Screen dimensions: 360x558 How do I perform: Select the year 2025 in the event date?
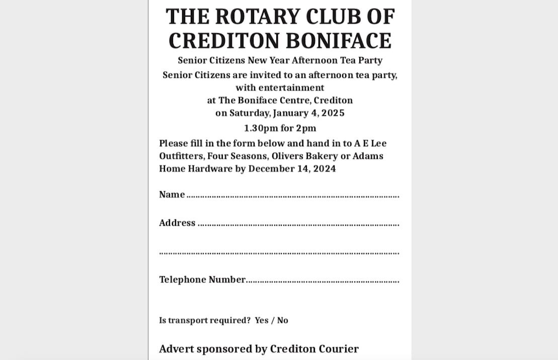333,113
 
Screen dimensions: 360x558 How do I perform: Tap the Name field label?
172,195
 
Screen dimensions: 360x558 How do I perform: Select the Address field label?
177,223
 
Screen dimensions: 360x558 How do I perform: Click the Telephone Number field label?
202,280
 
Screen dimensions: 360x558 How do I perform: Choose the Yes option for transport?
262,320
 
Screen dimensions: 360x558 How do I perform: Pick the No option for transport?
283,320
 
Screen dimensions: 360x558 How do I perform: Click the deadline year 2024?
325,169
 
